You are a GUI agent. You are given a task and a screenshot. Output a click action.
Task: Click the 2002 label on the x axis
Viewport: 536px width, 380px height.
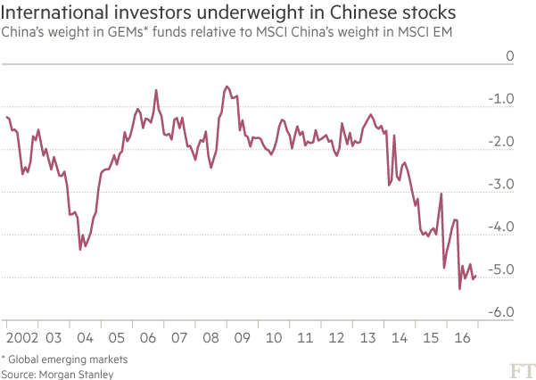coord(19,339)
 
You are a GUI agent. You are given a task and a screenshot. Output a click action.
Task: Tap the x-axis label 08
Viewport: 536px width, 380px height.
coord(210,339)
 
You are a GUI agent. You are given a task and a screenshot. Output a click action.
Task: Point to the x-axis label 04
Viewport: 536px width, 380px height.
coord(85,339)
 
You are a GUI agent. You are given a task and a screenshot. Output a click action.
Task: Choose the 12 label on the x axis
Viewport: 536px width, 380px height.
coord(336,339)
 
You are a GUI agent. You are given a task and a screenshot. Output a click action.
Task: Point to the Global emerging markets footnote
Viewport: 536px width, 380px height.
coord(64,359)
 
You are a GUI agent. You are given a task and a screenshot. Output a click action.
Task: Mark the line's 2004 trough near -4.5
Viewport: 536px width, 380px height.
coord(80,248)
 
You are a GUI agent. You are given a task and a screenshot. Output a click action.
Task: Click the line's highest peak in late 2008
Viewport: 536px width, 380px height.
coord(227,86)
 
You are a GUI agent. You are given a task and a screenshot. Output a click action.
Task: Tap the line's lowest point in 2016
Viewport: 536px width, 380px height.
coord(459,289)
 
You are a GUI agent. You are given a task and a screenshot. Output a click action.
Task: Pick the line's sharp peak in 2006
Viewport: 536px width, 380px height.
coord(157,89)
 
